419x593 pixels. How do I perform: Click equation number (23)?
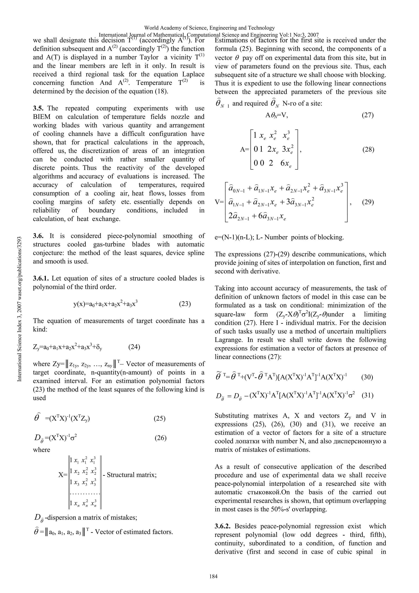185,304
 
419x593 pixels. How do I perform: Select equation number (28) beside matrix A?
368,150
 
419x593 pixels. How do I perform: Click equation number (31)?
367,395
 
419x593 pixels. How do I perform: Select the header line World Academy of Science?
209,28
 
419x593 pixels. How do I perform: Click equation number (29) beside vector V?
368,202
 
